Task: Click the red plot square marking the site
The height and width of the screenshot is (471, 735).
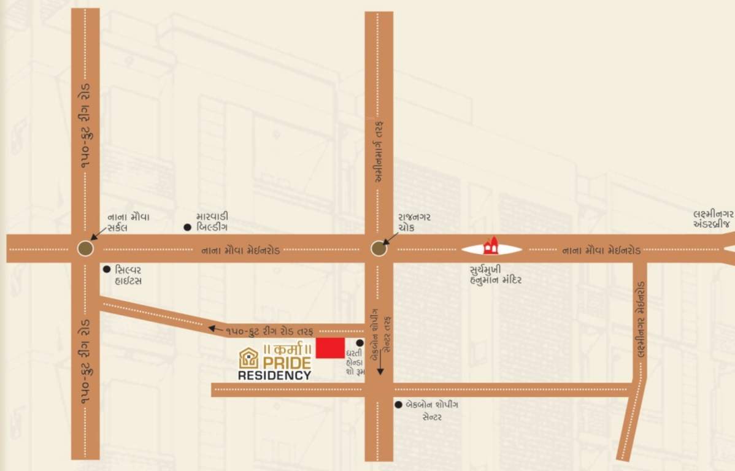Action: tap(330, 348)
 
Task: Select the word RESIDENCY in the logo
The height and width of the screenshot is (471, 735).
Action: tap(274, 375)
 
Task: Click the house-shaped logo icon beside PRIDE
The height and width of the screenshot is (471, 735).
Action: tap(248, 358)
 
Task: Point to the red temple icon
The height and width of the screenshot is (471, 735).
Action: tap(491, 247)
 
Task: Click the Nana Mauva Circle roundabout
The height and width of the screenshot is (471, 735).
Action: tap(85, 248)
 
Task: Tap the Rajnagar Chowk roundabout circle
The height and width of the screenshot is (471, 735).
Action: tap(379, 248)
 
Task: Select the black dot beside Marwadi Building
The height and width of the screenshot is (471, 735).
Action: tap(187, 228)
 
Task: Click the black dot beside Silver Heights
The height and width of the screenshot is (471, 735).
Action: tap(107, 269)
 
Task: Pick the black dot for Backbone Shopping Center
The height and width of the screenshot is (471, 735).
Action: tap(398, 405)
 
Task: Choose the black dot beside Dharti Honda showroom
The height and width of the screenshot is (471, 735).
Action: tap(360, 343)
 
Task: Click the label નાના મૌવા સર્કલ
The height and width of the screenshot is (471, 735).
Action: tap(129, 222)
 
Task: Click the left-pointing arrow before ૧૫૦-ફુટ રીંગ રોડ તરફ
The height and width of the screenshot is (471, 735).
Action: tap(214, 329)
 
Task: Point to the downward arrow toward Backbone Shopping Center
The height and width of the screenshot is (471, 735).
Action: tap(380, 366)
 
